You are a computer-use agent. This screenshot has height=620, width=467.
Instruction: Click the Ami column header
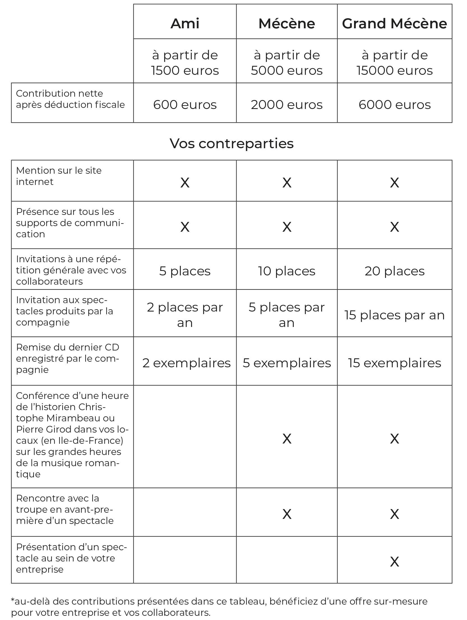click(185, 23)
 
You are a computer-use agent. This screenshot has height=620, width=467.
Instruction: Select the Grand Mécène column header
click(394, 23)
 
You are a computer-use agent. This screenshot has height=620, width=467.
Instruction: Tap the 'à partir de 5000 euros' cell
click(287, 62)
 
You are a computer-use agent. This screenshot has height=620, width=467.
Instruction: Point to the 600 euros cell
click(185, 105)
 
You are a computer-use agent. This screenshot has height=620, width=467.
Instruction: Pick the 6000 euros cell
click(394, 105)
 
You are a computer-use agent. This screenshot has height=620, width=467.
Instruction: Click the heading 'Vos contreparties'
click(232, 143)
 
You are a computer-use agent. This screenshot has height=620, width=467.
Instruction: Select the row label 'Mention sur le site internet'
click(59, 176)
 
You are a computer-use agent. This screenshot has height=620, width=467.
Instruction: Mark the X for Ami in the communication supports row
click(185, 227)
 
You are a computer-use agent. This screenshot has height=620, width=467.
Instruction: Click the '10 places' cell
click(287, 271)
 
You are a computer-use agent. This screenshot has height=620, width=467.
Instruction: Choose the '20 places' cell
click(394, 271)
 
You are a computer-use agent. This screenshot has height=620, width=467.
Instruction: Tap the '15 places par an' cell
click(394, 315)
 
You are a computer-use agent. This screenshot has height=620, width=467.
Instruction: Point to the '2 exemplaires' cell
click(186, 363)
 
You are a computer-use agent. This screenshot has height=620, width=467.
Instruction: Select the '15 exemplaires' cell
click(394, 363)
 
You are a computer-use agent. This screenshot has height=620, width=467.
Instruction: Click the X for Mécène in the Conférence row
click(287, 439)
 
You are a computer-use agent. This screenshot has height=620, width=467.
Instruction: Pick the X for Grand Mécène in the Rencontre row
click(394, 514)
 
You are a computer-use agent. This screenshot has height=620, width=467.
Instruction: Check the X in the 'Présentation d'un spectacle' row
click(394, 561)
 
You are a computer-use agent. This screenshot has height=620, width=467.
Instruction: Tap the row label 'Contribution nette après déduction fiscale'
click(70, 99)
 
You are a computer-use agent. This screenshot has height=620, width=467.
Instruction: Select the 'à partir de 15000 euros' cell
click(394, 62)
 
